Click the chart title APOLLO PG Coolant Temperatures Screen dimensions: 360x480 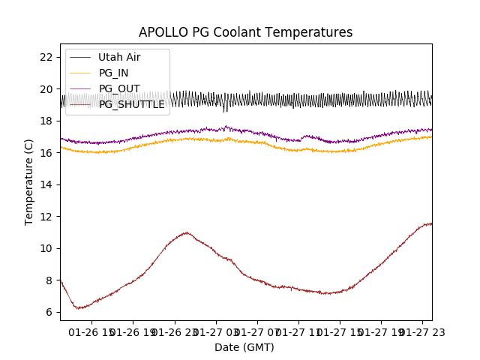(245, 33)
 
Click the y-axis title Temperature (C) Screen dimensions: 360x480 (29, 182)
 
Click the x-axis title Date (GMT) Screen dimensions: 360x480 (244, 347)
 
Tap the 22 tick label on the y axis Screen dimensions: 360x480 (46, 57)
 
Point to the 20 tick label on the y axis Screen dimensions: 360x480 (46, 89)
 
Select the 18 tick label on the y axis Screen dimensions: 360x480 (46, 121)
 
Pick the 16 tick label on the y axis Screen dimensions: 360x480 (46, 153)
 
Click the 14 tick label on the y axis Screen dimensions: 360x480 (46, 184)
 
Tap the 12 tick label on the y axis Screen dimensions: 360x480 (46, 217)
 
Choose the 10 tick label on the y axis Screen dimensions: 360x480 (46, 248)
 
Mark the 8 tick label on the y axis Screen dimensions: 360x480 (49, 280)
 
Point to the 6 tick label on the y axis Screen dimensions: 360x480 (49, 312)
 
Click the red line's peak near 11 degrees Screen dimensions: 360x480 (186, 232)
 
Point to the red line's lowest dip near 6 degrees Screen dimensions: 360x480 (78, 307)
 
